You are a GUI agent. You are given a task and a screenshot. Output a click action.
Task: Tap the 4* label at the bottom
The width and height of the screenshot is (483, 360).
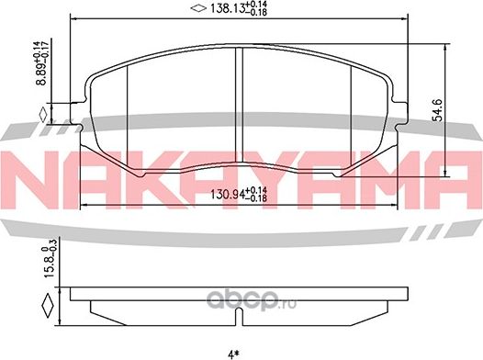pyautogui.click(x=240, y=350)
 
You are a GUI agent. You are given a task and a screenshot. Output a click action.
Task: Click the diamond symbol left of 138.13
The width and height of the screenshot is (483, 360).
pyautogui.click(x=194, y=10)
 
